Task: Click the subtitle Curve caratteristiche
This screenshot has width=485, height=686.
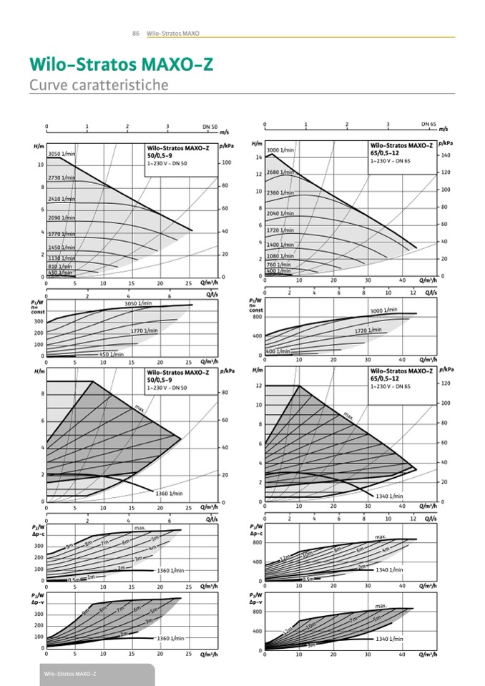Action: pyautogui.click(x=99, y=85)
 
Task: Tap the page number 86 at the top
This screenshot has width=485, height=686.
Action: pyautogui.click(x=135, y=33)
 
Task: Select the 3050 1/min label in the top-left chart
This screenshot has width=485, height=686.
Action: pyautogui.click(x=62, y=154)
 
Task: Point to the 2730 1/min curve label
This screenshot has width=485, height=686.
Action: pyautogui.click(x=62, y=177)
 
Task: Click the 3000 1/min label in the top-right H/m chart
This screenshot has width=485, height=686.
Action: pyautogui.click(x=280, y=150)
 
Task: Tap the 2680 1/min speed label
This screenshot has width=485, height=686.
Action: pyautogui.click(x=280, y=172)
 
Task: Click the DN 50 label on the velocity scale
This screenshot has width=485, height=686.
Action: pyautogui.click(x=210, y=127)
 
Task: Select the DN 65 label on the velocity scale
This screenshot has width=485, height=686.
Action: pyautogui.click(x=428, y=124)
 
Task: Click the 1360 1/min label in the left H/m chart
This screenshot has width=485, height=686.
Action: pyautogui.click(x=170, y=494)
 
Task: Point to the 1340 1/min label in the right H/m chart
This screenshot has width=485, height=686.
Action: pyautogui.click(x=389, y=496)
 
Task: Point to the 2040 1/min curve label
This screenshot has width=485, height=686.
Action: pyautogui.click(x=280, y=213)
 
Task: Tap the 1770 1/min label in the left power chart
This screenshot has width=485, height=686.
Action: pyautogui.click(x=144, y=330)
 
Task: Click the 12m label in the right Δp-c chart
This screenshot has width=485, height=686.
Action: pyautogui.click(x=285, y=558)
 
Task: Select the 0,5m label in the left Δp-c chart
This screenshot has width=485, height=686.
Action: pyautogui.click(x=74, y=579)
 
